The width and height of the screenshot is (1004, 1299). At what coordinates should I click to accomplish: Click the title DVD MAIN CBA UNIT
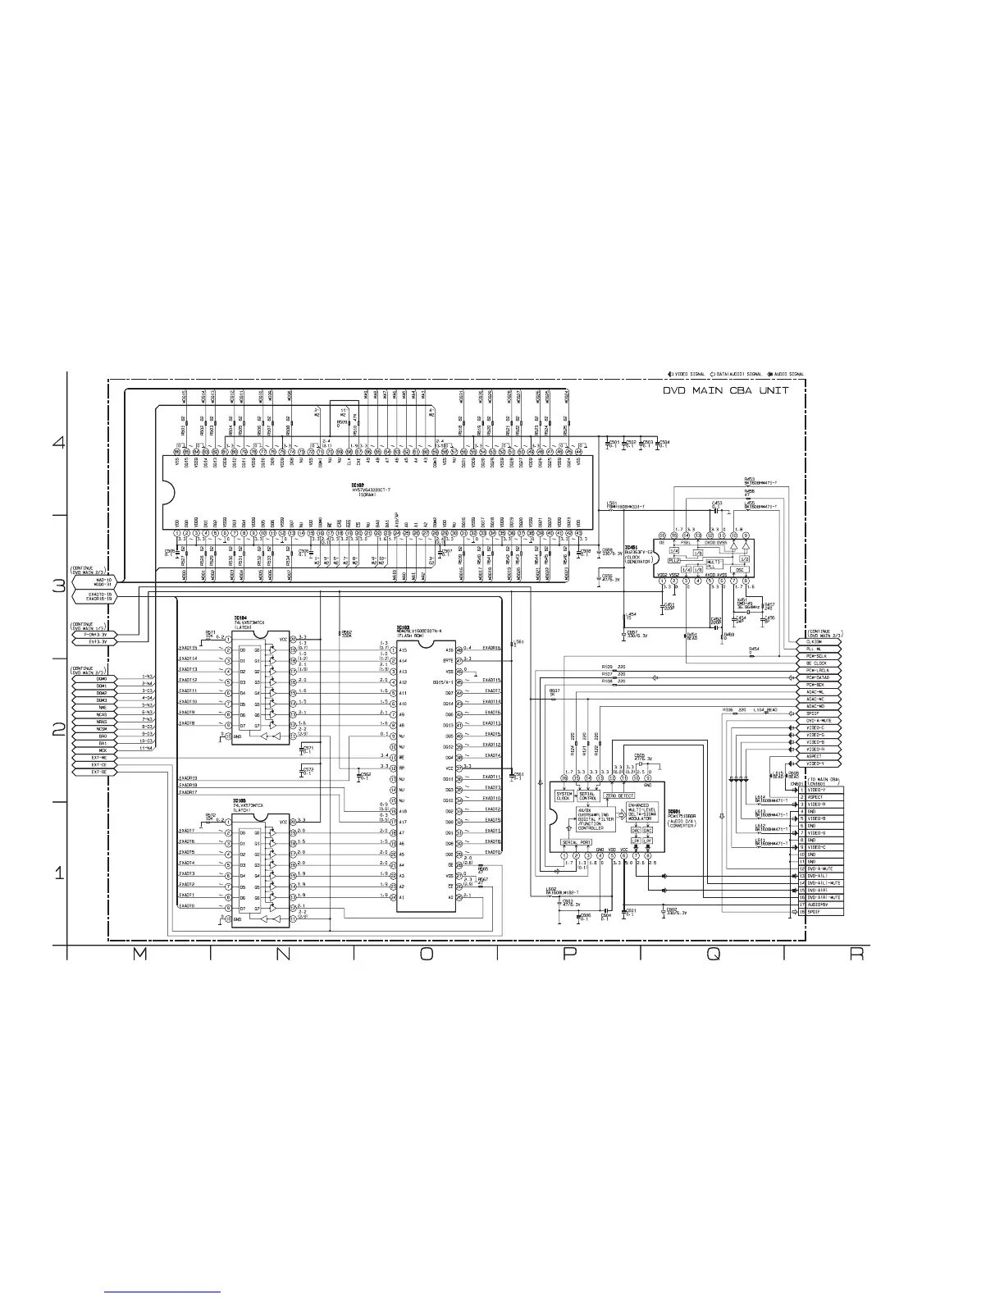(x=726, y=390)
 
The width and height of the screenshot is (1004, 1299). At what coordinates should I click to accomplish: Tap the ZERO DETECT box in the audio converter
(x=620, y=795)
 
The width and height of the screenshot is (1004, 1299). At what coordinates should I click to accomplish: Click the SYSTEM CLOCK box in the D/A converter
(x=564, y=795)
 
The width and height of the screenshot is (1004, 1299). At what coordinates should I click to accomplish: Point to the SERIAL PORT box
(x=576, y=842)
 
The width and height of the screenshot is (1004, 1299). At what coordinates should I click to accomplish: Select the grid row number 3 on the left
(x=58, y=586)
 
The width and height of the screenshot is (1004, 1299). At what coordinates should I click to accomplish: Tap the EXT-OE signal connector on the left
(x=99, y=773)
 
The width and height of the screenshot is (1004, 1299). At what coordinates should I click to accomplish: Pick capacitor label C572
(x=308, y=770)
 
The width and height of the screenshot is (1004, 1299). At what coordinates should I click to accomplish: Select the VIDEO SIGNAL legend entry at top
(x=691, y=374)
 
